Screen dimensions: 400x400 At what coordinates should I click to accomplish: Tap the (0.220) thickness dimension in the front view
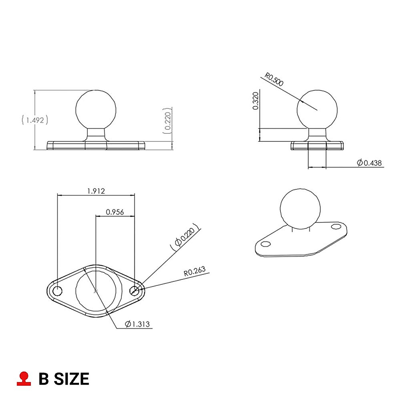click(x=168, y=121)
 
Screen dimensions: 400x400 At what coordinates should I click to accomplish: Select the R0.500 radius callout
click(x=274, y=80)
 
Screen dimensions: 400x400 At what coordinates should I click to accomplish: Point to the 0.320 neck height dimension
click(x=256, y=101)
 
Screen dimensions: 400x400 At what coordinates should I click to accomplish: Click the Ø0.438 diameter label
click(x=369, y=163)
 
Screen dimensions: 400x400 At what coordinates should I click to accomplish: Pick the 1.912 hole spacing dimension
click(x=96, y=191)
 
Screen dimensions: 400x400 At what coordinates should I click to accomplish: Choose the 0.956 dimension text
click(x=115, y=212)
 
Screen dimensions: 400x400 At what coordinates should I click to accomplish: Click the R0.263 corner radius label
click(x=195, y=272)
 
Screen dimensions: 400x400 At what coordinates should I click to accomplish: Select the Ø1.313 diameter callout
click(x=137, y=324)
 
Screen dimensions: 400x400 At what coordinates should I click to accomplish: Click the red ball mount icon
click(x=24, y=379)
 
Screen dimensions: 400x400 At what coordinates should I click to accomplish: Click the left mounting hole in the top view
click(x=57, y=291)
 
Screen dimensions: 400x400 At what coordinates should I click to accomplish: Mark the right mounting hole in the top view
click(x=135, y=291)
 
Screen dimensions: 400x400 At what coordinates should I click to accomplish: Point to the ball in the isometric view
click(x=300, y=209)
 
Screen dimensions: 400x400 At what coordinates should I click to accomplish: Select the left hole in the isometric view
click(x=266, y=244)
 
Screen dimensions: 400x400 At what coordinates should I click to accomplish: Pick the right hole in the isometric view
click(x=335, y=227)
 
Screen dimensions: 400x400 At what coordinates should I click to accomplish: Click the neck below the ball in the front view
click(x=96, y=134)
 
